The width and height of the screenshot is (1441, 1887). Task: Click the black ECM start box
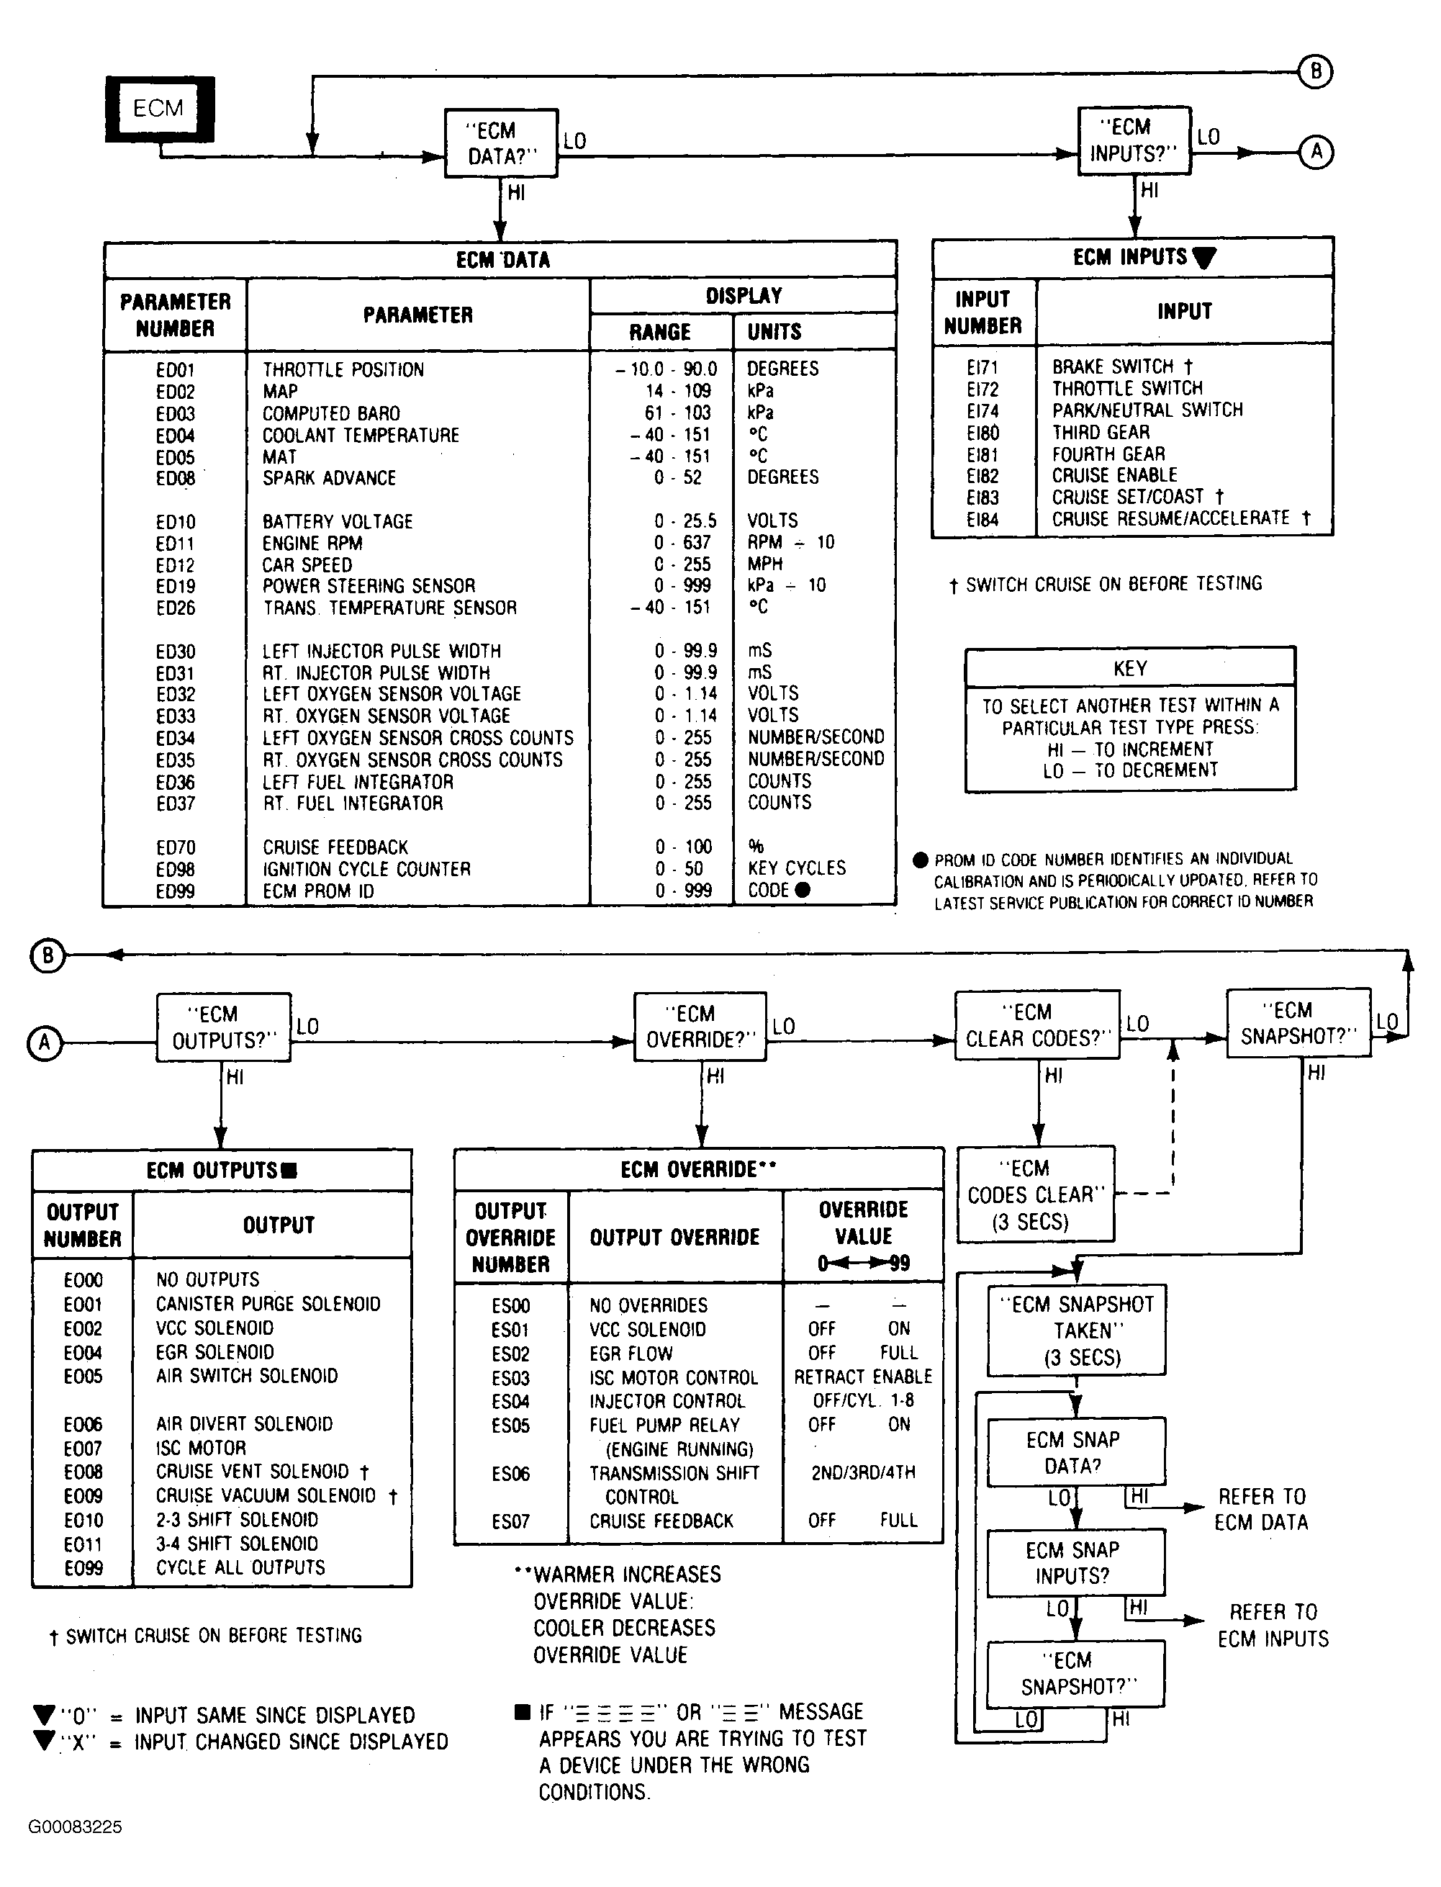click(160, 109)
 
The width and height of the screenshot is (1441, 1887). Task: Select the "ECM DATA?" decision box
click(501, 143)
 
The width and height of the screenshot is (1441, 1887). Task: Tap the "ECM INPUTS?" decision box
click(1134, 140)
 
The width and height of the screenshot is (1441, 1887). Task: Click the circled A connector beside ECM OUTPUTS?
click(45, 1043)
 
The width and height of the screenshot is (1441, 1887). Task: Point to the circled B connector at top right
click(1316, 71)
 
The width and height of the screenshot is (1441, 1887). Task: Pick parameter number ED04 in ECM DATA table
click(175, 436)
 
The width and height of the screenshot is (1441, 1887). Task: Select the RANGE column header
click(659, 332)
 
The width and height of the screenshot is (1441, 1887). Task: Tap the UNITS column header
click(774, 332)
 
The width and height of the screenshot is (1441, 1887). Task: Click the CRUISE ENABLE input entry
click(1114, 475)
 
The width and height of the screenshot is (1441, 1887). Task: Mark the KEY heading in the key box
click(1129, 668)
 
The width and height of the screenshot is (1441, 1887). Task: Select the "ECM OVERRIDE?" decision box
click(700, 1027)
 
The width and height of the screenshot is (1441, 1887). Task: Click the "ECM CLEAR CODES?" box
click(1037, 1025)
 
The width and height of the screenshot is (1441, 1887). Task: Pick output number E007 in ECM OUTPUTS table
click(83, 1449)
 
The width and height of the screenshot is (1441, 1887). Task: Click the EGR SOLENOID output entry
click(214, 1353)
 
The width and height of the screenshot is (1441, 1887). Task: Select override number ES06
click(510, 1474)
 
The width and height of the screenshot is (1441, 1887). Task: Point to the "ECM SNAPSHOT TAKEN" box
click(1077, 1330)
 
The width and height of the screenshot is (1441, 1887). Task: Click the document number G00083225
click(76, 1851)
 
